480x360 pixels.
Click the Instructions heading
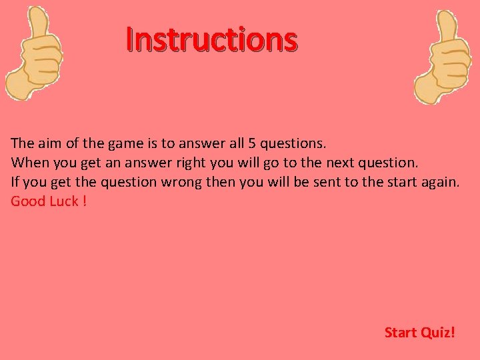[x=212, y=40]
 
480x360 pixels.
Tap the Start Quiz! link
[x=419, y=332]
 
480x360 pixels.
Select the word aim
[x=47, y=143]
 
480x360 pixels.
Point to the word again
[x=440, y=181]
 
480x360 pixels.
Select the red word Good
[x=28, y=201]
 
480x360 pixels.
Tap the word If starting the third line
[x=15, y=181]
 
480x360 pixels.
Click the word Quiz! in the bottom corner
[x=437, y=332]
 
